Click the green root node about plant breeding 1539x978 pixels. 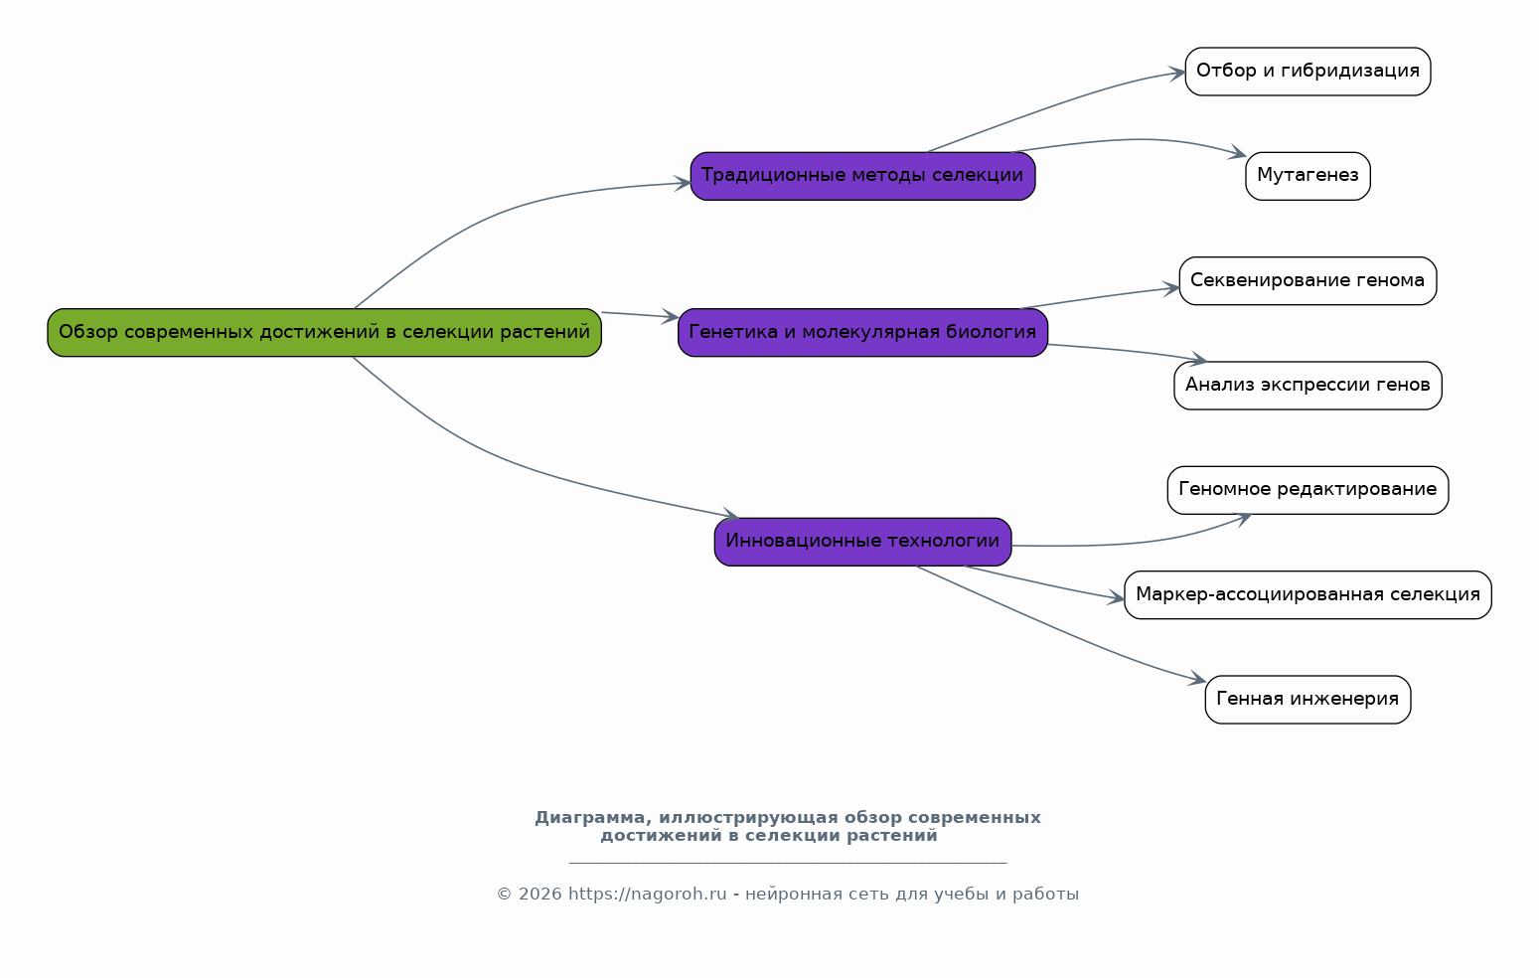(324, 333)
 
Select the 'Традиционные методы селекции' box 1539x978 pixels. (863, 176)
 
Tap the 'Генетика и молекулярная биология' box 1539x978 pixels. (863, 333)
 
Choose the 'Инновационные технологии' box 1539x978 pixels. (863, 542)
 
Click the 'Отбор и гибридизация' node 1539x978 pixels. (1308, 72)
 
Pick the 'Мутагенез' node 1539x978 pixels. (1308, 176)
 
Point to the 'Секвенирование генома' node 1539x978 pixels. (1308, 280)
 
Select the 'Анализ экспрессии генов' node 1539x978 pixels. (1308, 385)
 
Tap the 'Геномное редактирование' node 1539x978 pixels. (1308, 490)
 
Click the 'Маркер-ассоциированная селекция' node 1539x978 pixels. (1308, 594)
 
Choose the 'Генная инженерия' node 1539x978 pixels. (1308, 699)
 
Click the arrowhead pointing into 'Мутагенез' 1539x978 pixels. (1238, 153)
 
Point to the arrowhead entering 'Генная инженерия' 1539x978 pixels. (1197, 679)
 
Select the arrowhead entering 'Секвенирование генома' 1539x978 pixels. (1170, 288)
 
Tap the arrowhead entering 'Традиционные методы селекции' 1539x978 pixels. (683, 183)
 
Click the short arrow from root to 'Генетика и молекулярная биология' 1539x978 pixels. (640, 315)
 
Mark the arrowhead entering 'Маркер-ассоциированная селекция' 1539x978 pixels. (1116, 598)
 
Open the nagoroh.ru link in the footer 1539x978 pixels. (647, 895)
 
